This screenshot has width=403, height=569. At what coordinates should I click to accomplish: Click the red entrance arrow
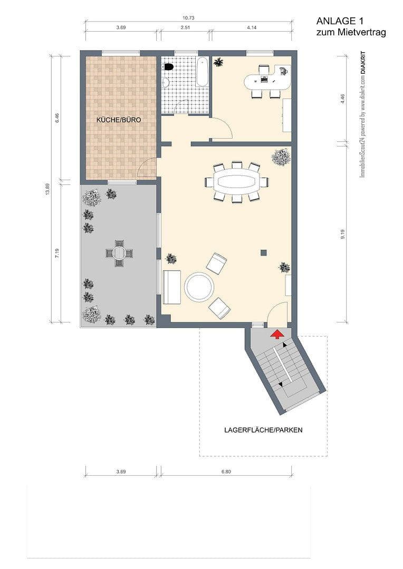275,333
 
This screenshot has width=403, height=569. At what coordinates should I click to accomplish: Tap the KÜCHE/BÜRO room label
119,120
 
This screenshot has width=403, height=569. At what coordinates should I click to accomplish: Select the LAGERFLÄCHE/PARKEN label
263,430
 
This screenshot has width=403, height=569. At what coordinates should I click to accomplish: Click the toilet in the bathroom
169,67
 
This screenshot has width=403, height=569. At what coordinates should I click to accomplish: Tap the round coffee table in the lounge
199,287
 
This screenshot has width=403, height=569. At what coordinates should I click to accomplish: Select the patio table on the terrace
119,252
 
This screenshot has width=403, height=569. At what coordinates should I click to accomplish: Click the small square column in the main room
263,252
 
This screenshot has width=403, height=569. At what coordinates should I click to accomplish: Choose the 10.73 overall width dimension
188,18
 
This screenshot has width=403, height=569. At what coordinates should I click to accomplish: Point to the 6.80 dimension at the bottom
226,472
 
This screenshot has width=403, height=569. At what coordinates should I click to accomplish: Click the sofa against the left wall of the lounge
171,287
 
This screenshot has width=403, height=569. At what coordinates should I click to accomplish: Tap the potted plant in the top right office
218,63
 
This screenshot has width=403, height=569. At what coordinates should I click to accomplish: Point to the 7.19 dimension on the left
57,253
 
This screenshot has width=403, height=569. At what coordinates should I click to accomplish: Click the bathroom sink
165,82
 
